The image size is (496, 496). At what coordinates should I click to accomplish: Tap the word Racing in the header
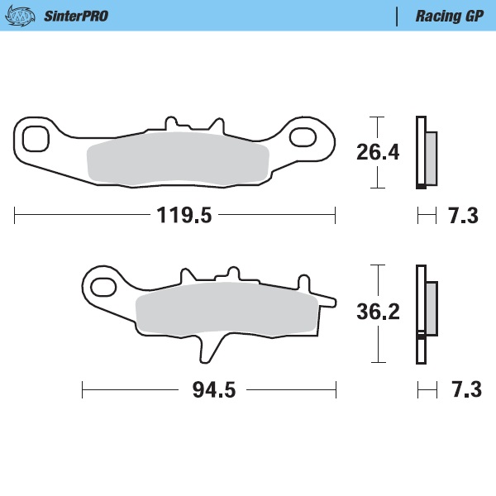point(433,16)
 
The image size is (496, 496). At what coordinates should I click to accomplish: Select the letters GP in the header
point(472,16)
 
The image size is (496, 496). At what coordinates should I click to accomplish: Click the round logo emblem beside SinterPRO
point(26,16)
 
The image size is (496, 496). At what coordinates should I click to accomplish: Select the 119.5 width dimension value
point(184,217)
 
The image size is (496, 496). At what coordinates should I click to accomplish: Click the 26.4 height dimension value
point(378,152)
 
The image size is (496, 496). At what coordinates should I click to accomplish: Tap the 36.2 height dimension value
point(378,312)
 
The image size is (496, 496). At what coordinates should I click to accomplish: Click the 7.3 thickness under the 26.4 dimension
point(463,217)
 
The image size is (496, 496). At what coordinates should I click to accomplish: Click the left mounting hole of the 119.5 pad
point(35,139)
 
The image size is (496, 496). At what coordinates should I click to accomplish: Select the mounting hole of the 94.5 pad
point(104,287)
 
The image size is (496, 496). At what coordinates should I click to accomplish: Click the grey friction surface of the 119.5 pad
point(178,160)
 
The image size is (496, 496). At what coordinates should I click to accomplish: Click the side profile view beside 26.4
point(426,152)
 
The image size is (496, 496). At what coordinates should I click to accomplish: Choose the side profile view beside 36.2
point(426,313)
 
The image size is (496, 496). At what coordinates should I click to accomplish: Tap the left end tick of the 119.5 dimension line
point(16,217)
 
